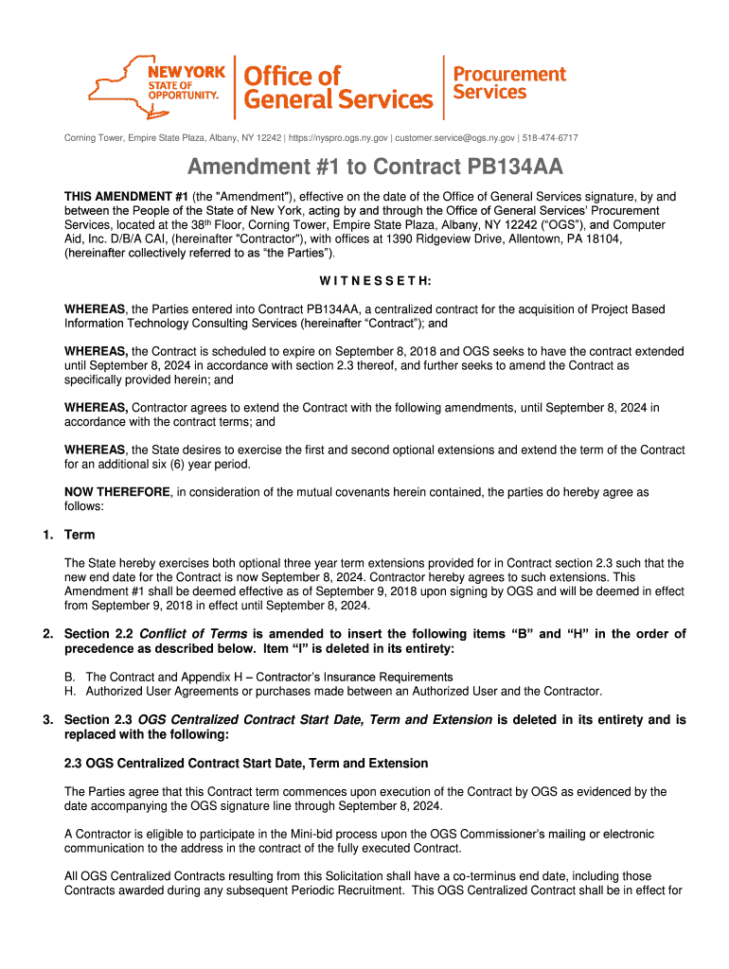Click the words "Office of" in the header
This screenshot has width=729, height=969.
pyautogui.click(x=293, y=75)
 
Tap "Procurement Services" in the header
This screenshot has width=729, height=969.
pyautogui.click(x=509, y=82)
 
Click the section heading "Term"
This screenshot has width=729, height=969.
pyautogui.click(x=79, y=535)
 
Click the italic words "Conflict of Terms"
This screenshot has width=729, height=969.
pyautogui.click(x=193, y=634)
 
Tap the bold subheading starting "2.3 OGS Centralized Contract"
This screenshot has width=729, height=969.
pyautogui.click(x=246, y=763)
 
